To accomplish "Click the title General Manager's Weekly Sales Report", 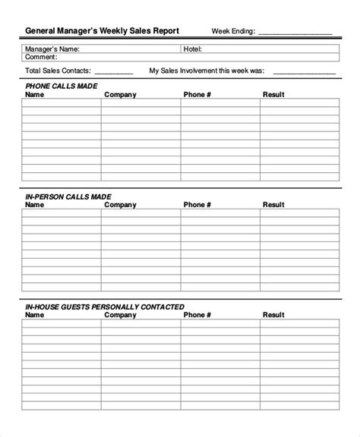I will (103, 31).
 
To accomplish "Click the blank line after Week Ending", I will (295, 33).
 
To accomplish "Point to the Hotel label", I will (192, 49).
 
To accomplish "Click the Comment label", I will (41, 57).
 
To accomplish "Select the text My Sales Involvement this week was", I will (207, 71).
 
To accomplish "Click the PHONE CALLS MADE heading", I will (62, 86).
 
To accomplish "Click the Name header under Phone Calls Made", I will (35, 95).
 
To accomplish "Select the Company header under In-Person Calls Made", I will (120, 205).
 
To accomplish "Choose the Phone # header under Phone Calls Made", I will (197, 95).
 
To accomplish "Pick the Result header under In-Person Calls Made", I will (273, 205).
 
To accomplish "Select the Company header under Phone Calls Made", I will (120, 95).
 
